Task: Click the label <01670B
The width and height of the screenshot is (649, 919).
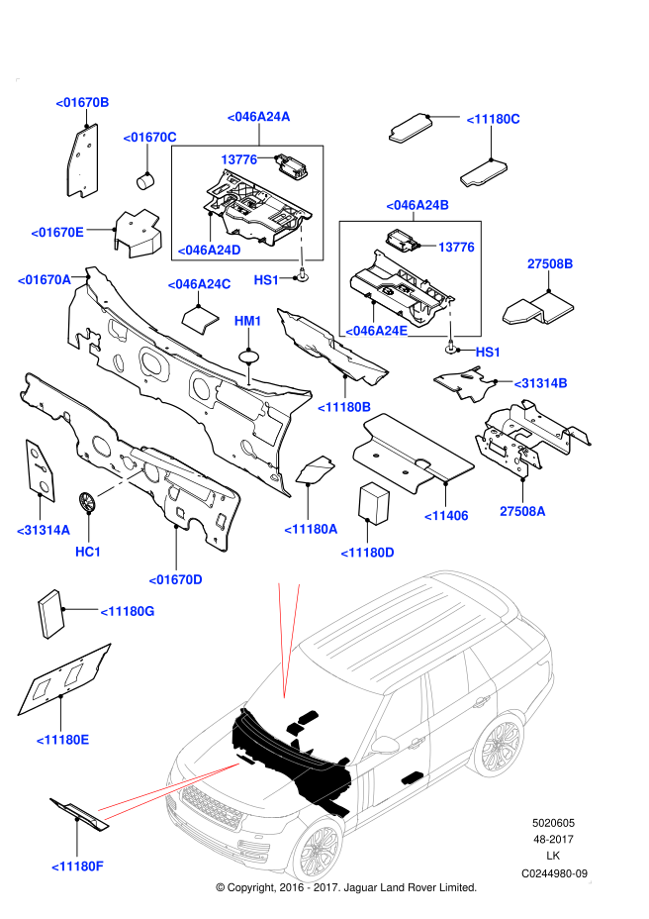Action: click(x=82, y=102)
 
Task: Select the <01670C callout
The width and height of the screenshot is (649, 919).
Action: click(x=149, y=137)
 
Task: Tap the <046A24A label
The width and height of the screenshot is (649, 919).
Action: click(x=258, y=117)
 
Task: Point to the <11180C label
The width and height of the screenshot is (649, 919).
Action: click(x=493, y=119)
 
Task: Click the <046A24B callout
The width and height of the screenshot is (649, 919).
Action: click(x=417, y=205)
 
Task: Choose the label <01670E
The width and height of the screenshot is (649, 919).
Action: click(x=57, y=233)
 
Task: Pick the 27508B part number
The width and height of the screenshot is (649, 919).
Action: click(x=550, y=264)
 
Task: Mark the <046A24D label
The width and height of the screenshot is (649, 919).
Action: click(x=209, y=251)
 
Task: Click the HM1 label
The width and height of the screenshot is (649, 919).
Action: click(x=247, y=321)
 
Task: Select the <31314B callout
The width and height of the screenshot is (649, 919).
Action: click(x=540, y=383)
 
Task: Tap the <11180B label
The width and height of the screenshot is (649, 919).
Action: click(x=344, y=407)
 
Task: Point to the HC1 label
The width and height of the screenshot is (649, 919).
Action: click(x=88, y=552)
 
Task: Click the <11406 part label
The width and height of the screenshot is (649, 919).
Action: click(x=446, y=516)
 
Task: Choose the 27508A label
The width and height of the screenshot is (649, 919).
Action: click(x=522, y=512)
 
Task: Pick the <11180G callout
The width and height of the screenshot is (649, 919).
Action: click(x=128, y=611)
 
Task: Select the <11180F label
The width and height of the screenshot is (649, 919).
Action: click(x=77, y=867)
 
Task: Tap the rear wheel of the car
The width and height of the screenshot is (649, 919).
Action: click(x=500, y=745)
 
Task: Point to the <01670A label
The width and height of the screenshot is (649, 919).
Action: click(x=44, y=280)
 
